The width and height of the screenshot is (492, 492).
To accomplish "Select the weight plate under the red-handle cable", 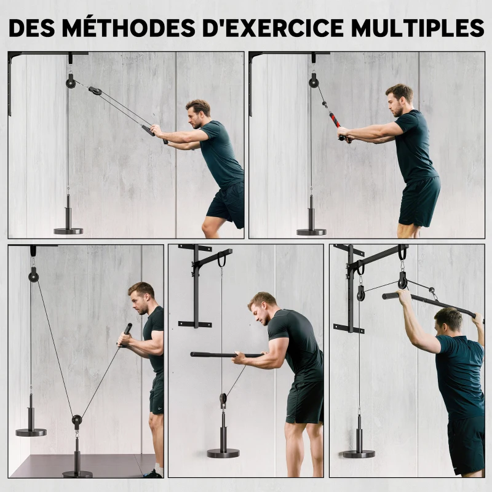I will (x=311, y=231).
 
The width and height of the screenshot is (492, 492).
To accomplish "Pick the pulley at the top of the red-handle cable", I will (x=314, y=81).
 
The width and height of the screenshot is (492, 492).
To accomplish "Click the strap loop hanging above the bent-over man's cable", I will (x=221, y=260).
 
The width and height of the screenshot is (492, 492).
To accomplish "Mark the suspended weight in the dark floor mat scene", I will (x=31, y=430).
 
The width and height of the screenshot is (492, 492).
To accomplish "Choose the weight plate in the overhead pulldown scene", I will (x=359, y=453).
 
